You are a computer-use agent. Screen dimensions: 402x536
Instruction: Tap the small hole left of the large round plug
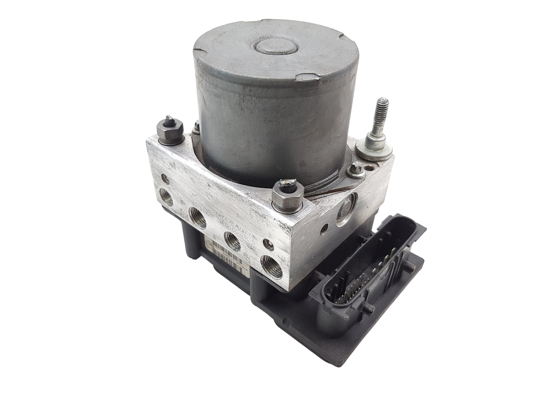(x=324, y=231)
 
